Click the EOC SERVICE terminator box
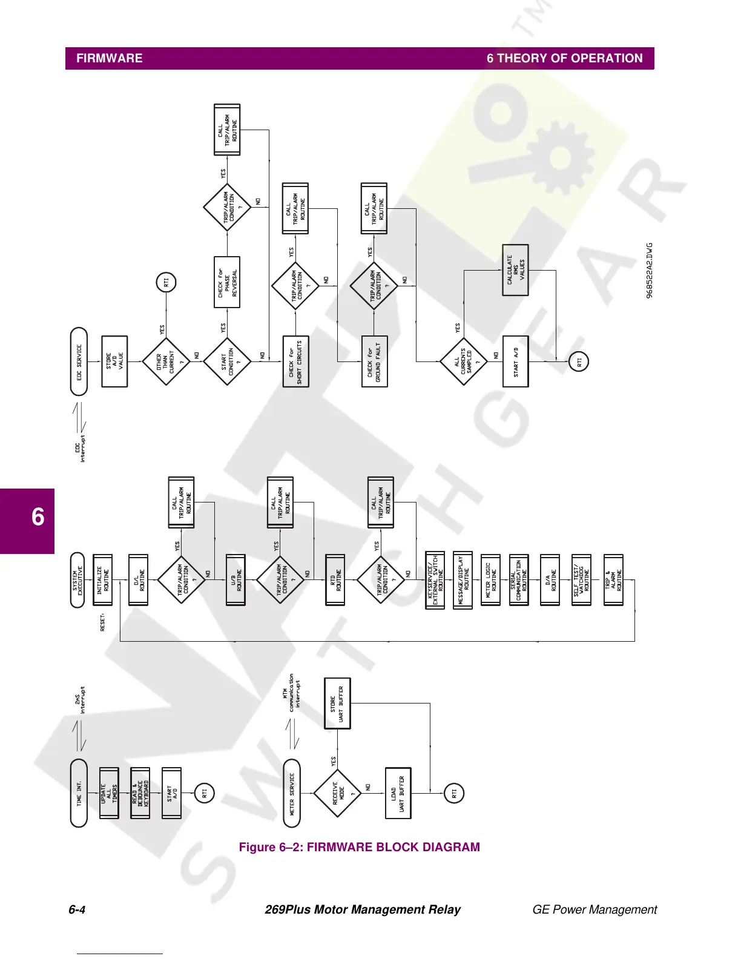tap(79, 361)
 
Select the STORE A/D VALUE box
tap(115, 361)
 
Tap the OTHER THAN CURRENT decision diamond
tap(165, 361)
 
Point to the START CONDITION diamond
tap(227, 361)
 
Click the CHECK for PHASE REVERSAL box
tap(227, 282)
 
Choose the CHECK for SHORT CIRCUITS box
tap(295, 361)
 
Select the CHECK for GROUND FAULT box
tap(374, 361)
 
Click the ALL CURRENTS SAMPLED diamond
tap(463, 361)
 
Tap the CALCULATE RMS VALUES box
tap(516, 270)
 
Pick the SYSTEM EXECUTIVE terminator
tap(77, 580)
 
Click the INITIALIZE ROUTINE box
tap(103, 580)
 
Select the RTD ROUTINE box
tap(335, 580)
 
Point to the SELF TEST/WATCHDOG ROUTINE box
tap(581, 580)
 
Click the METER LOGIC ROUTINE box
tap(490, 580)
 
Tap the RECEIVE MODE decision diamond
tap(338, 793)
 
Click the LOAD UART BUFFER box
tap(398, 793)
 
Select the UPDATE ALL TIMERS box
tap(110, 793)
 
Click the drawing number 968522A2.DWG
tap(650, 271)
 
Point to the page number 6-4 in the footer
tap(77, 910)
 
